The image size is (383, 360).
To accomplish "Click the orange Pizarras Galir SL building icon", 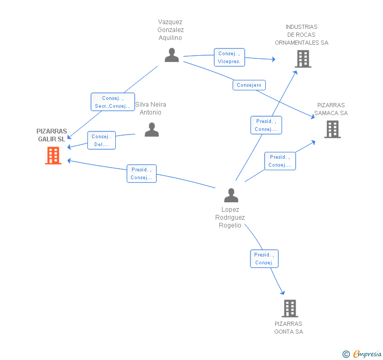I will click(53, 156).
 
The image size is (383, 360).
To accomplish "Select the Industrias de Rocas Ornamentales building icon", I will click(303, 59).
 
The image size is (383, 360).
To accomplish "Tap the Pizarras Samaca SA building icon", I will click(332, 129).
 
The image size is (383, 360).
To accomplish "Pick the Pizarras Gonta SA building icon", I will click(290, 308).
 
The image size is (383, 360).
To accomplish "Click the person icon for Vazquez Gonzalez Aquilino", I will click(172, 55).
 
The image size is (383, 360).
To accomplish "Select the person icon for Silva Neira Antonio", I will click(152, 129).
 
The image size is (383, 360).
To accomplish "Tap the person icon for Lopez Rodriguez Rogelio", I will click(231, 195).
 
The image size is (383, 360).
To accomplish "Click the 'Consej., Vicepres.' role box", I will click(229, 57).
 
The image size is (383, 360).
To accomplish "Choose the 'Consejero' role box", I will click(249, 85).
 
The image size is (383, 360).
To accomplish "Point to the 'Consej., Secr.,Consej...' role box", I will click(113, 102).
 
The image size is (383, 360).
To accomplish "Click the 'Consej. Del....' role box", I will click(102, 140).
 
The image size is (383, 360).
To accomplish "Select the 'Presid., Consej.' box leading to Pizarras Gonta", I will click(264, 259).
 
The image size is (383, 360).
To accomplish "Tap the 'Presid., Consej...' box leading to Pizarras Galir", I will click(142, 173).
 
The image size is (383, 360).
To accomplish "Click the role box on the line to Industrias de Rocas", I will click(266, 125).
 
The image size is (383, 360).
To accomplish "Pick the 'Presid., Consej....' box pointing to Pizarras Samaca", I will click(280, 161).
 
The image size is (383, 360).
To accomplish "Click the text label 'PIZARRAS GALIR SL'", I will click(52, 135).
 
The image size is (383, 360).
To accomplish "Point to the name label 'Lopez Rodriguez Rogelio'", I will click(230, 217).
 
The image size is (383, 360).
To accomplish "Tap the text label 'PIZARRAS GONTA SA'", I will click(288, 327).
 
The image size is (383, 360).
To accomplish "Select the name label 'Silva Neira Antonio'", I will click(151, 108).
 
